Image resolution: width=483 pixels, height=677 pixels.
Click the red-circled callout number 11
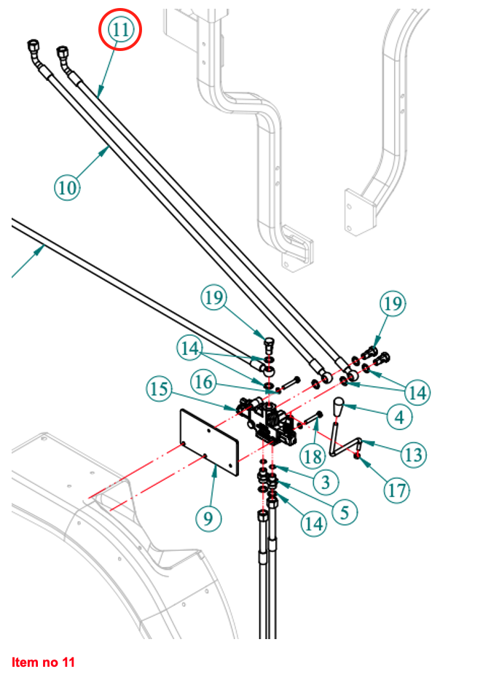click(x=120, y=30)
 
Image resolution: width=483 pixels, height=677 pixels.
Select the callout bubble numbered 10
click(x=67, y=187)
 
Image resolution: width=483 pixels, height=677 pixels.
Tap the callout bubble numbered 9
click(x=208, y=519)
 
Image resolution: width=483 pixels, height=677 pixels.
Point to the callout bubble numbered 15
click(x=159, y=388)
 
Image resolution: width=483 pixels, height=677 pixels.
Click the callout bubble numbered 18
click(x=313, y=457)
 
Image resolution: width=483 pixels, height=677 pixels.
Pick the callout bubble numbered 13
click(x=413, y=455)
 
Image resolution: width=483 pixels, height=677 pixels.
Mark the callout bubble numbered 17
click(x=397, y=489)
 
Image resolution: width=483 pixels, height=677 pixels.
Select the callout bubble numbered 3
click(x=326, y=481)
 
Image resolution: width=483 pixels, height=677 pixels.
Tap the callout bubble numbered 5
click(x=347, y=512)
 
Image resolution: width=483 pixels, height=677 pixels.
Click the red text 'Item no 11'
click(x=43, y=662)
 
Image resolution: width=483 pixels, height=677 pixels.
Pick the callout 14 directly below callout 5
click(x=315, y=523)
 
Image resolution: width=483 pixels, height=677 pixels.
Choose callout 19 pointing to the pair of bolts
click(x=393, y=303)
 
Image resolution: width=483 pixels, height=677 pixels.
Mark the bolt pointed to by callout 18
click(x=317, y=417)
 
